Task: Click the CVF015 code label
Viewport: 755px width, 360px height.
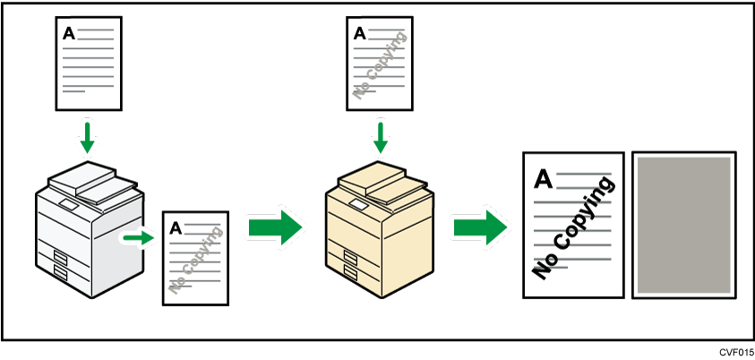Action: [x=735, y=352]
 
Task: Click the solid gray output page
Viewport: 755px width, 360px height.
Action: [x=683, y=224]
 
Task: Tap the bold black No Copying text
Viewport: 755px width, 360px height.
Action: [x=573, y=228]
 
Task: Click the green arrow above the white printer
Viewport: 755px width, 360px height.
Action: [x=87, y=137]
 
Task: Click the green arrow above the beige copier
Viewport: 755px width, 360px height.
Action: [x=381, y=137]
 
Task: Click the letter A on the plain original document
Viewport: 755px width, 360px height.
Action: [x=69, y=34]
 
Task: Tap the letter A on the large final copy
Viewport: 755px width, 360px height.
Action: [x=543, y=180]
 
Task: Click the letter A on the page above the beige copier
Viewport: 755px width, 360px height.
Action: [x=360, y=34]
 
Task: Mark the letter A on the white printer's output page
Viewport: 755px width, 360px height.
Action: [x=176, y=228]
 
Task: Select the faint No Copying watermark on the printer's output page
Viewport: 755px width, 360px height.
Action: [x=195, y=259]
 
